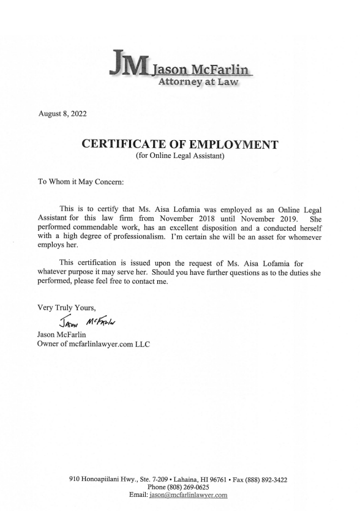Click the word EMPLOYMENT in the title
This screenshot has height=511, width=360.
(x=233, y=145)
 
